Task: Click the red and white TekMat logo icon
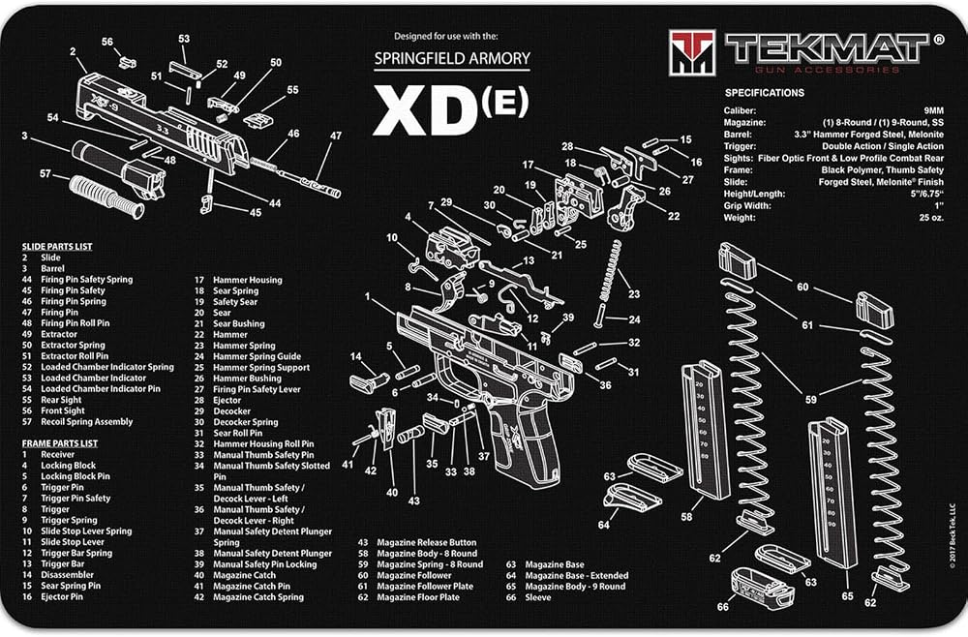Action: click(692, 52)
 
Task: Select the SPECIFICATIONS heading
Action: click(765, 93)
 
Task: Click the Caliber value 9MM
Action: click(934, 110)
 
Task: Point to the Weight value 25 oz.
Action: click(931, 217)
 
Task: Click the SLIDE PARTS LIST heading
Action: click(57, 246)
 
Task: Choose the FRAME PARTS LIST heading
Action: click(59, 443)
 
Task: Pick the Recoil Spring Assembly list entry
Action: click(86, 421)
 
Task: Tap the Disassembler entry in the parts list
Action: click(68, 575)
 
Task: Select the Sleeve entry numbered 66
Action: click(537, 597)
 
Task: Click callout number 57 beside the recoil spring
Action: click(45, 174)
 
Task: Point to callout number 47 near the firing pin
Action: click(335, 136)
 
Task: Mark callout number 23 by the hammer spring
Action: click(634, 293)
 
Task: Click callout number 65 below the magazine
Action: click(847, 596)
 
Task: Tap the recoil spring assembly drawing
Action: click(106, 197)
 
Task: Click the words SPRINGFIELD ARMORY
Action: click(452, 59)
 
